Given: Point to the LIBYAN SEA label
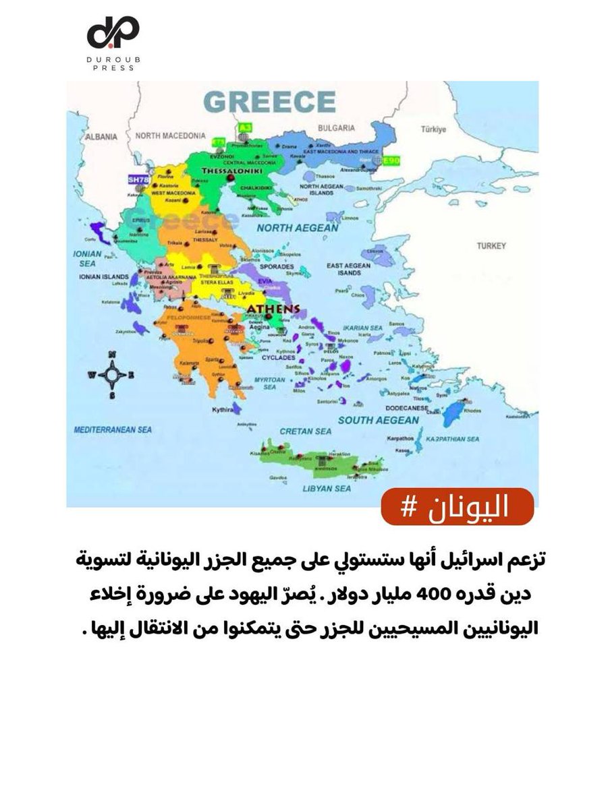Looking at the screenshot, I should tap(326, 487).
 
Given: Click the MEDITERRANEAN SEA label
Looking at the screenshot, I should tap(113, 429).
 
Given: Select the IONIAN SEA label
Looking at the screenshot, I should tap(87, 259).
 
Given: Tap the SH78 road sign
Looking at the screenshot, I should tap(137, 179).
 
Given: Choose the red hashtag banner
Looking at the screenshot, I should tap(457, 508).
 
